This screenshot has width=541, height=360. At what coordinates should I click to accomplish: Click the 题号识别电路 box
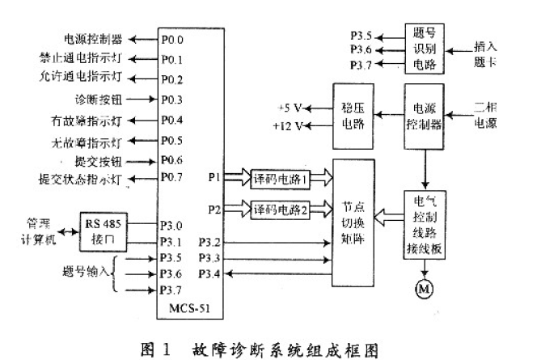coord(424,48)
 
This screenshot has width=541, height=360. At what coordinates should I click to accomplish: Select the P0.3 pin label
coord(171,100)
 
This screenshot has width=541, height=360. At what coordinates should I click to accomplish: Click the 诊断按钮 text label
coord(95,100)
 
